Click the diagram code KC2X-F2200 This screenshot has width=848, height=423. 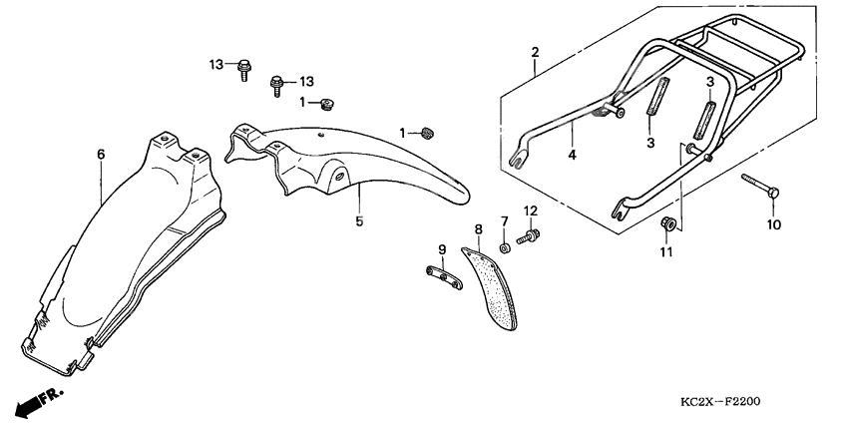pyautogui.click(x=720, y=401)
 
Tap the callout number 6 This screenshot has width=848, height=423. pyautogui.click(x=101, y=155)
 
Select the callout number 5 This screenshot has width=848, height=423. pyautogui.click(x=359, y=221)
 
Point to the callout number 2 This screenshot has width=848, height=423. pyautogui.click(x=535, y=53)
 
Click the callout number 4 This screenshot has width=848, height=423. pyautogui.click(x=573, y=156)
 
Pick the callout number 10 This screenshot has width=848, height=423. pyautogui.click(x=774, y=224)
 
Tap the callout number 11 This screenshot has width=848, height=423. pyautogui.click(x=665, y=252)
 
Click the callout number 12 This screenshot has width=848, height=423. pyautogui.click(x=530, y=211)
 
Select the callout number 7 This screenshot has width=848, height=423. pyautogui.click(x=504, y=221)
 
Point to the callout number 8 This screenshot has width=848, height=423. pyautogui.click(x=478, y=229)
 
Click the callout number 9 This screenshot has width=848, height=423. pyautogui.click(x=442, y=249)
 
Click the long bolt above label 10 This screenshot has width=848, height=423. pyautogui.click(x=760, y=185)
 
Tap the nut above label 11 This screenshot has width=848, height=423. pyautogui.click(x=667, y=222)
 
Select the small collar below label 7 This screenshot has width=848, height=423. pyautogui.click(x=505, y=248)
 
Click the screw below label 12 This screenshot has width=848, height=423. pyautogui.click(x=528, y=236)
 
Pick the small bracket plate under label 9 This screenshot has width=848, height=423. pyautogui.click(x=444, y=277)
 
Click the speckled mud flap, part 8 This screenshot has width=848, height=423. pyautogui.click(x=490, y=287)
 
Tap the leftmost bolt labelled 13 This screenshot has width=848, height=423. pyautogui.click(x=243, y=70)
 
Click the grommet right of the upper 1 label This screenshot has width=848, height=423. pyautogui.click(x=326, y=103)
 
